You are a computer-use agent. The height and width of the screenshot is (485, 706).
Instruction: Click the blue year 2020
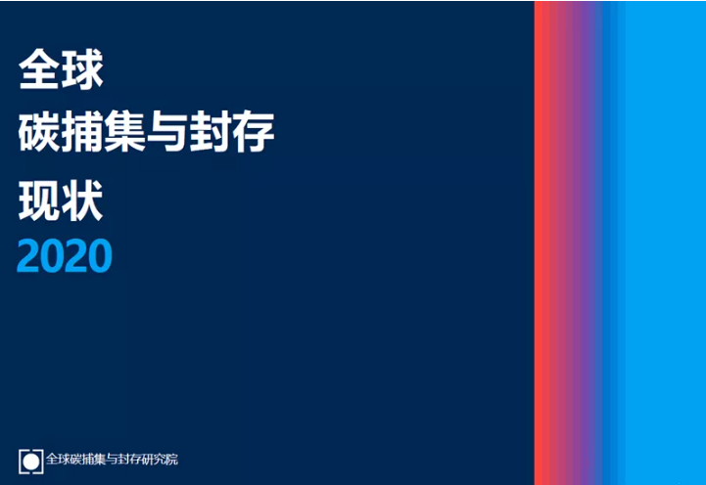pyautogui.click(x=65, y=256)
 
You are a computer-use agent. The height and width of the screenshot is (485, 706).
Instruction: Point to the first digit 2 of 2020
pyautogui.click(x=29, y=256)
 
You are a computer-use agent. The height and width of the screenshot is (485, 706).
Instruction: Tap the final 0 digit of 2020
pyautogui.click(x=101, y=256)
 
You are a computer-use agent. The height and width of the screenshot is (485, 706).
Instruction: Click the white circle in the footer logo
pyautogui.click(x=31, y=460)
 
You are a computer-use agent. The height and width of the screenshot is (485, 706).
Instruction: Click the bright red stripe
pyautogui.click(x=541, y=242)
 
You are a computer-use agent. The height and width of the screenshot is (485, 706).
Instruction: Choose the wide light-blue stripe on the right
pyautogui.click(x=666, y=242)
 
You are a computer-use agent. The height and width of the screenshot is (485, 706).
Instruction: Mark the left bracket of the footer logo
pyautogui.click(x=22, y=460)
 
